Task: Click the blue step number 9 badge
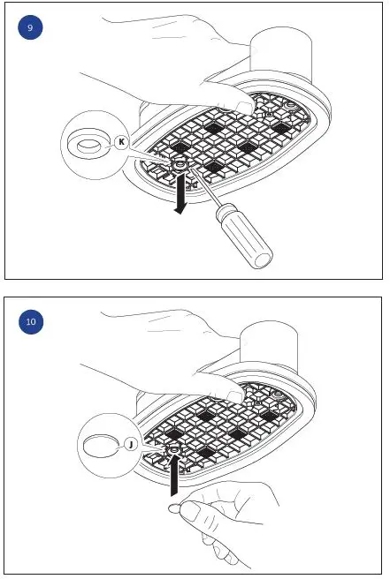(x=30, y=29)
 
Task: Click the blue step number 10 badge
(x=30, y=321)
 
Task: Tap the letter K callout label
(x=121, y=141)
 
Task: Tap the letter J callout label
(x=130, y=445)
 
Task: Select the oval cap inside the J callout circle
(x=96, y=446)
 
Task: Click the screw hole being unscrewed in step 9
(x=180, y=164)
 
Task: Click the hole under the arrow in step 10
(x=174, y=452)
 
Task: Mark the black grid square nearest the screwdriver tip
(x=211, y=166)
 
